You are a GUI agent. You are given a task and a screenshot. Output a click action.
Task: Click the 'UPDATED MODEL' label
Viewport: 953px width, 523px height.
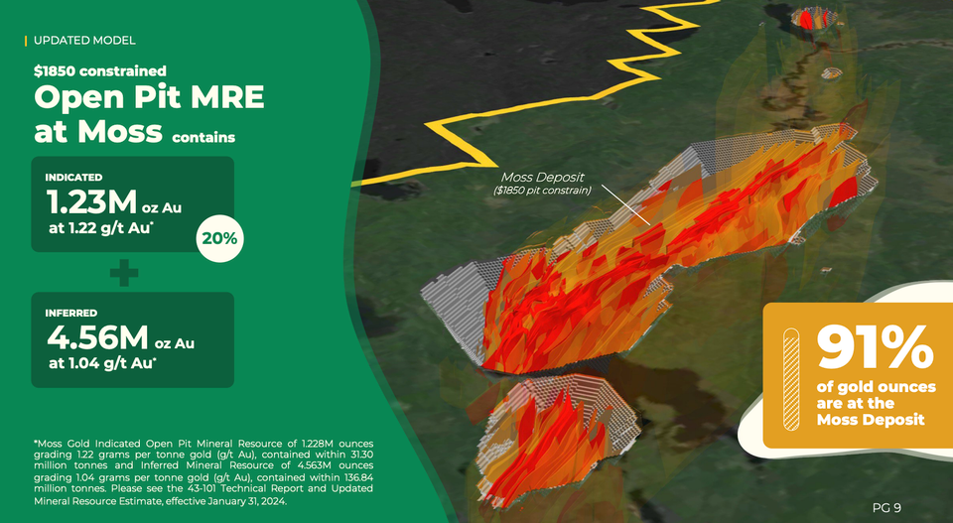pos(84,41)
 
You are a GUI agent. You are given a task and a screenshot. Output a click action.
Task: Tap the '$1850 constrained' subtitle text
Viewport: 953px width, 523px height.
pos(99,71)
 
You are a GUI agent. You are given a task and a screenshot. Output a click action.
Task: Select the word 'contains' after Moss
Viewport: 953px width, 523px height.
pos(204,137)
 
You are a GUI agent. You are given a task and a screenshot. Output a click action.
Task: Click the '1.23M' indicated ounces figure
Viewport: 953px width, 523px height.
pos(90,202)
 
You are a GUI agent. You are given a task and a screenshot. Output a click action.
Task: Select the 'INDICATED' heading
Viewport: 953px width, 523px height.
pos(73,177)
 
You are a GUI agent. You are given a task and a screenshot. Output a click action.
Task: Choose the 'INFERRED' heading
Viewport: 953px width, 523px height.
pos(71,313)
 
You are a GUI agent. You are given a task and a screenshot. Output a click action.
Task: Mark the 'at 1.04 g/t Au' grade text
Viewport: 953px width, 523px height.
pos(102,363)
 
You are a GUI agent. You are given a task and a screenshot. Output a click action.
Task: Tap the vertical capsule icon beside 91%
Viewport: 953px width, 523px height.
pos(790,378)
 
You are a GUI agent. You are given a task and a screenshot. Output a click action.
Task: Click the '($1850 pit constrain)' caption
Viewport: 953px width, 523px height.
pos(542,191)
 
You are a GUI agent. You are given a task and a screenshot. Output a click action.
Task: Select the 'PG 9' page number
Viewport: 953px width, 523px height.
pos(886,508)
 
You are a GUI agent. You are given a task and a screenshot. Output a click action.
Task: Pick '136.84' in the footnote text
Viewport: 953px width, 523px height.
pos(354,477)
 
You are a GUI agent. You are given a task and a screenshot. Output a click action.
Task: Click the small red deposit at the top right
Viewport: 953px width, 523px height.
pos(813,18)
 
